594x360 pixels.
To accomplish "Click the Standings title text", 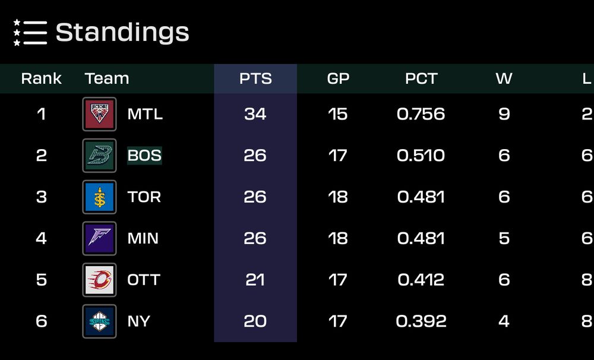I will pyautogui.click(x=122, y=32).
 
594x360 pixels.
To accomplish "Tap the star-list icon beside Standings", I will pyautogui.click(x=30, y=33).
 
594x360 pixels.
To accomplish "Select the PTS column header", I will pyautogui.click(x=255, y=78).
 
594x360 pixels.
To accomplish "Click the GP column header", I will pyautogui.click(x=338, y=78).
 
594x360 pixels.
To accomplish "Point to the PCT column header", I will pyautogui.click(x=421, y=78).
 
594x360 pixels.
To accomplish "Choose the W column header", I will pyautogui.click(x=504, y=78).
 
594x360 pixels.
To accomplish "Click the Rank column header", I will pyautogui.click(x=41, y=78).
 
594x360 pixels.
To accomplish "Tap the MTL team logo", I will pyautogui.click(x=99, y=114).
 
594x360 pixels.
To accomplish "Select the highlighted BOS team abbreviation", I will pyautogui.click(x=144, y=156).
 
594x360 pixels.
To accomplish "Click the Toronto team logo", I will pyautogui.click(x=99, y=197).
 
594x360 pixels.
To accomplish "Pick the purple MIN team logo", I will pyautogui.click(x=99, y=238).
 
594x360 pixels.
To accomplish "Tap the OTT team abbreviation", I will pyautogui.click(x=144, y=280).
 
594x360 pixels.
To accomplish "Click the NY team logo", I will pyautogui.click(x=99, y=321).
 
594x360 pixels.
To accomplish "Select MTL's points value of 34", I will pyautogui.click(x=255, y=114).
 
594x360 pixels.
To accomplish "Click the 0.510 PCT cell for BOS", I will pyautogui.click(x=421, y=156).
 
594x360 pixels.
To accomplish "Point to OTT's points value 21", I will pyautogui.click(x=255, y=280).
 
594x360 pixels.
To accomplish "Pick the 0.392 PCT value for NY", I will pyautogui.click(x=421, y=321).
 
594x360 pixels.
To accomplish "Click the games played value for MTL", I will pyautogui.click(x=338, y=114).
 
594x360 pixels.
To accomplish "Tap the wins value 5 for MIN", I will pyautogui.click(x=504, y=238).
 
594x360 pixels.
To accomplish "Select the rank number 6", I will pyautogui.click(x=41, y=321).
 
